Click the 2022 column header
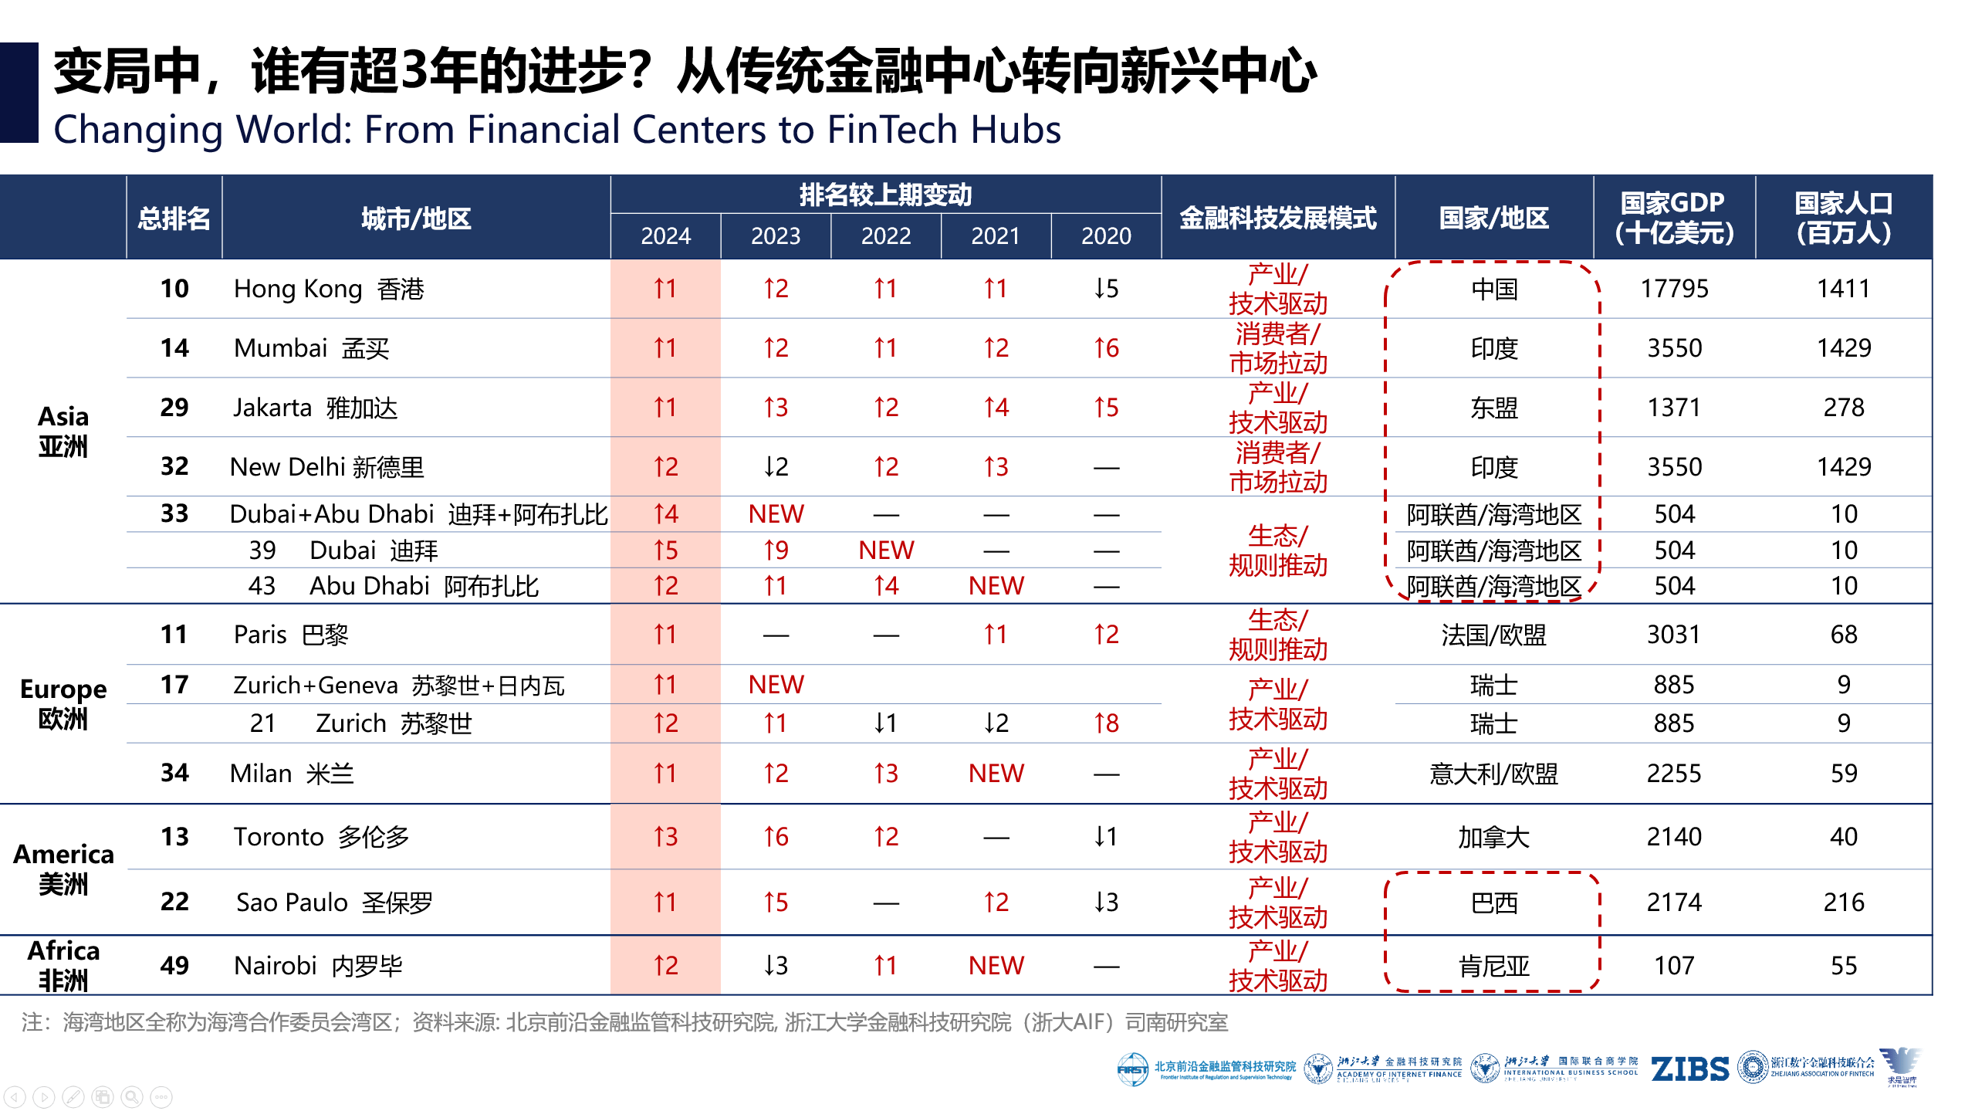tap(885, 235)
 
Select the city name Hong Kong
tap(297, 289)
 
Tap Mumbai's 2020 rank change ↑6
tap(1105, 348)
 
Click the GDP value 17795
tap(1673, 289)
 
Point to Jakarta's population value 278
tap(1843, 408)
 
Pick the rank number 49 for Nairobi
tap(174, 965)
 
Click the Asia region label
tap(63, 431)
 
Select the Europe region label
tap(63, 703)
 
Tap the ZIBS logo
tap(1689, 1069)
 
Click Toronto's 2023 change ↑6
tap(776, 837)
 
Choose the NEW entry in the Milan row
tap(996, 774)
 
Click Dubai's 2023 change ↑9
tap(776, 550)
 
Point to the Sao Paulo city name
tap(292, 903)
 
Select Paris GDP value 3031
tap(1673, 635)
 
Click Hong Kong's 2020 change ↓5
tap(1105, 289)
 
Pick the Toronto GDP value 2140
tap(1673, 837)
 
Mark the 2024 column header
tap(665, 235)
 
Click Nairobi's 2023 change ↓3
tap(776, 965)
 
